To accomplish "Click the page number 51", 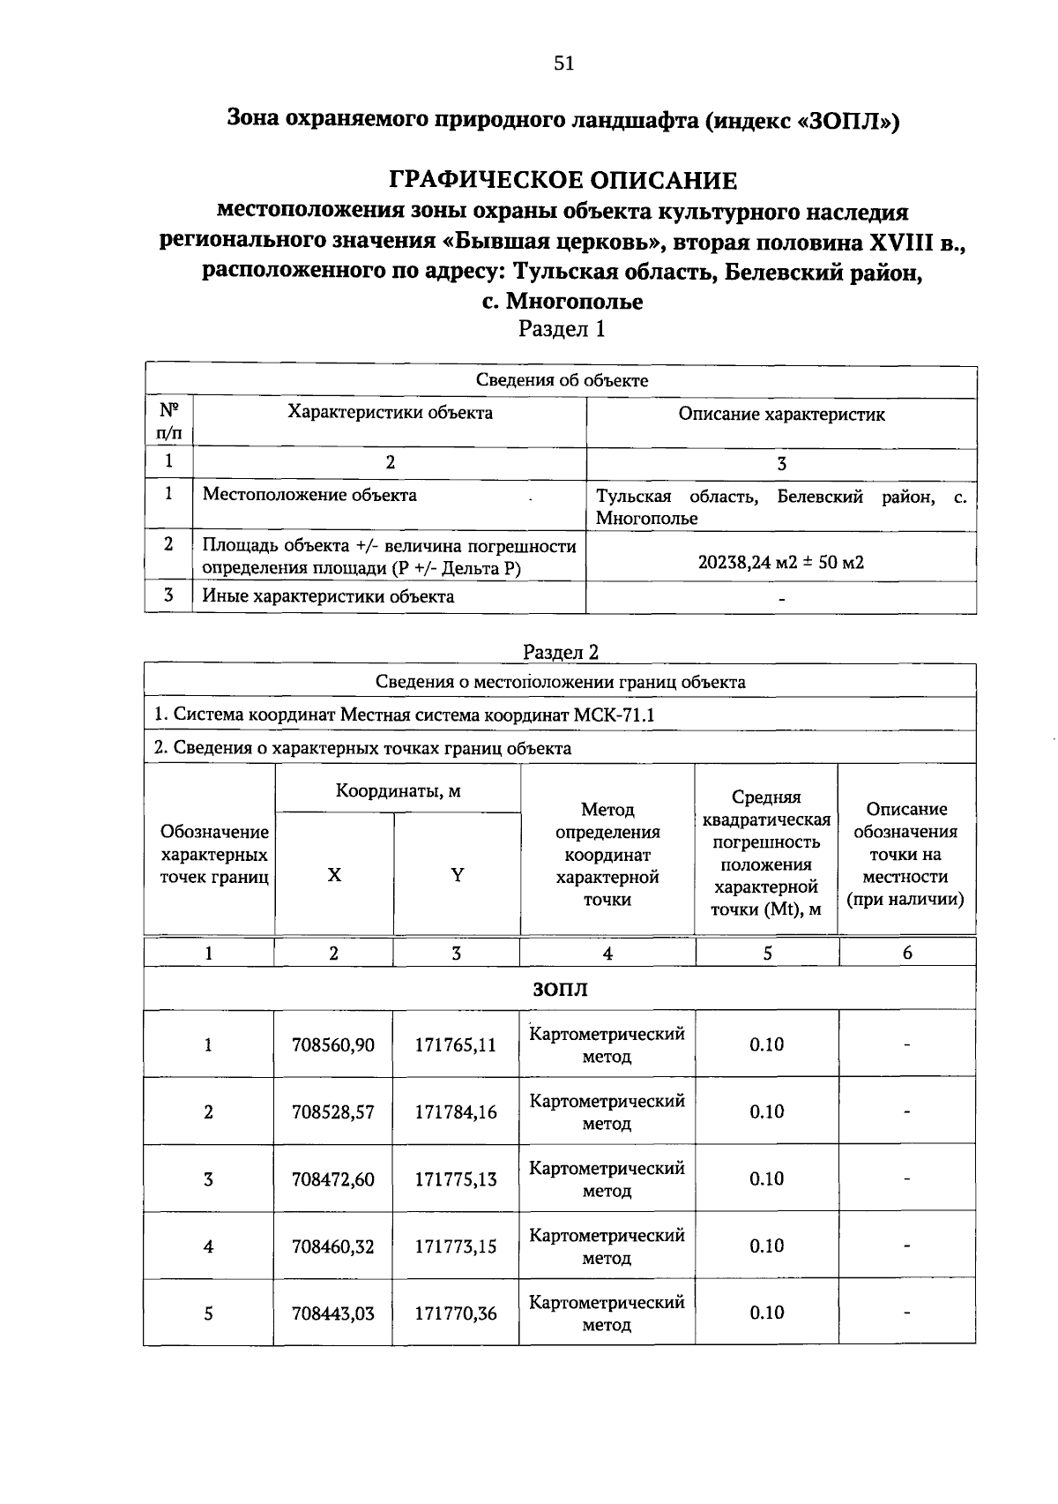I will [563, 64].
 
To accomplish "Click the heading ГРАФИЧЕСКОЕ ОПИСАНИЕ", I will [563, 181].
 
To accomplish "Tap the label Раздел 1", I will [562, 330].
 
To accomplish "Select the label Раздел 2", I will [561, 652].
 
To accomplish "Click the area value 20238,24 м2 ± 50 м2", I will [780, 562].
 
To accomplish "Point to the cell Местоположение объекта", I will [309, 495].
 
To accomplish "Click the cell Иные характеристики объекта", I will [328, 596].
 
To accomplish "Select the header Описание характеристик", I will [781, 415].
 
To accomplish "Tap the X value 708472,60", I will [333, 1179].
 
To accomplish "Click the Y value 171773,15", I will [456, 1246].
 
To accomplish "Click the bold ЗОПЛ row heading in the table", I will [560, 990].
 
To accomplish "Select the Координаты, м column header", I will [398, 790].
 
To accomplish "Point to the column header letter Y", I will [457, 875].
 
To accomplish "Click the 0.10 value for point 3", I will [766, 1179].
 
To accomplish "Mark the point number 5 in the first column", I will [208, 1313].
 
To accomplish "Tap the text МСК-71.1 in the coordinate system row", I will [614, 715].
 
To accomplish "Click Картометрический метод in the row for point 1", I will [607, 1044].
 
